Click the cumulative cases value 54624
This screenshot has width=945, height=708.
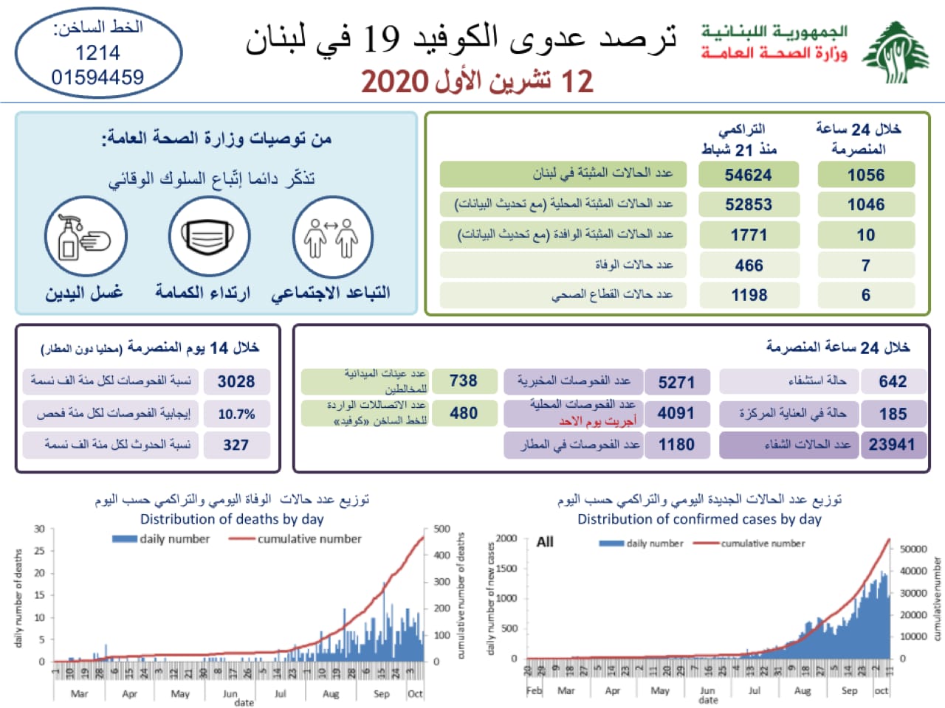click(x=748, y=175)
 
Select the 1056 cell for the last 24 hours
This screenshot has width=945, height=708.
click(x=865, y=175)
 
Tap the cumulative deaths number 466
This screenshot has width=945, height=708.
click(x=749, y=265)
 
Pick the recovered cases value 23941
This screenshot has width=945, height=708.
click(x=891, y=445)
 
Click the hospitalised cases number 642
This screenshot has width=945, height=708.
click(x=892, y=381)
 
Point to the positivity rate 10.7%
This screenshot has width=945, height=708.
click(x=236, y=414)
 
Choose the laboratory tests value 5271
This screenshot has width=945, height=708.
click(x=676, y=382)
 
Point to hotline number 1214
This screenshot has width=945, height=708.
click(x=97, y=53)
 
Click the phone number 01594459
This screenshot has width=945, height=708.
click(x=97, y=77)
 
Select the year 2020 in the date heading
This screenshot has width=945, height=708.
click(x=394, y=81)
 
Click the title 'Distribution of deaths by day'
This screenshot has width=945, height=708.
click(x=232, y=519)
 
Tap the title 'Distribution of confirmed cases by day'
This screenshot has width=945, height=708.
click(x=698, y=519)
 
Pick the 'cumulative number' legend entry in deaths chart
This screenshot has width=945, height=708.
click(x=309, y=539)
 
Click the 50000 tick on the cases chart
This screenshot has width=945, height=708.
click(x=913, y=549)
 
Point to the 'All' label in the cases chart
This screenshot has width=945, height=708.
click(x=545, y=542)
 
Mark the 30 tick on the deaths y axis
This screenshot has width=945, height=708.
click(x=39, y=529)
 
